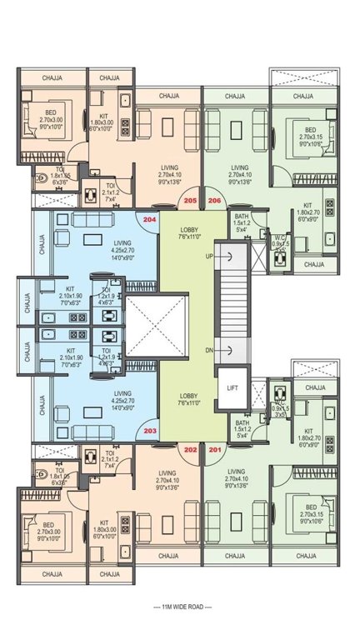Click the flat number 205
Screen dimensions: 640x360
[190, 201]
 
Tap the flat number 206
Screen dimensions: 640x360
[214, 201]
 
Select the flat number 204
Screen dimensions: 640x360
[149, 219]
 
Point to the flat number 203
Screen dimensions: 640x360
[149, 431]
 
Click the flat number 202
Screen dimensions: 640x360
[190, 450]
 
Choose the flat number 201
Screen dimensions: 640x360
[215, 450]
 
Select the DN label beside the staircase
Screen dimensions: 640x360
[209, 349]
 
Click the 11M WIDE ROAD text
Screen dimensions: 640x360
[180, 606]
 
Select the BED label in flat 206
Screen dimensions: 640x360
[310, 130]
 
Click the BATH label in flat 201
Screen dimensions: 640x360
[242, 422]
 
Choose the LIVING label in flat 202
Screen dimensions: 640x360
[167, 471]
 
